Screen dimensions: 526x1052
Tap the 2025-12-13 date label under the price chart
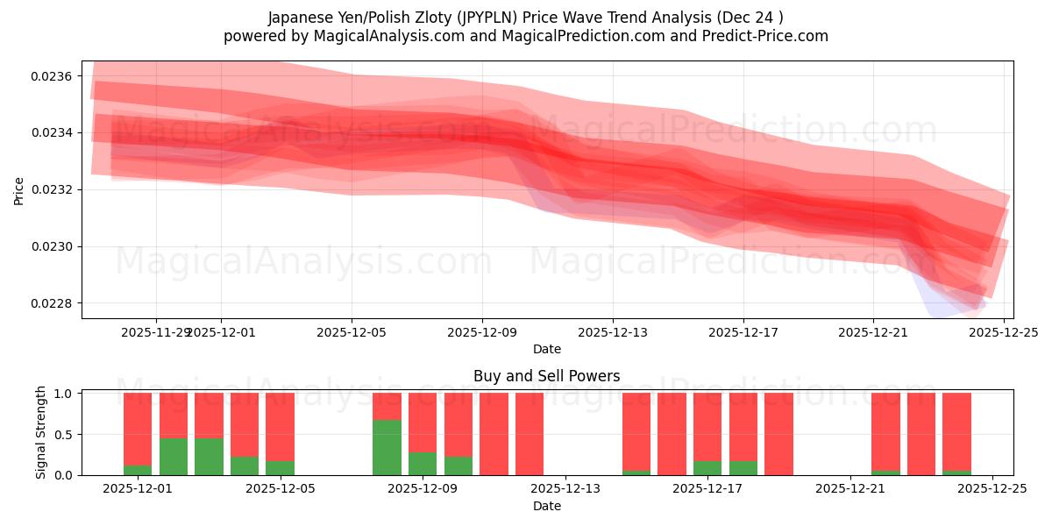612,332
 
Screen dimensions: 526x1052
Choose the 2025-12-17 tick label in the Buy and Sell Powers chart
707,489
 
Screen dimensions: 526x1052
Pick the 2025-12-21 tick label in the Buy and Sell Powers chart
850,489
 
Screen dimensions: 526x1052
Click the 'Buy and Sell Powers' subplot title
546,376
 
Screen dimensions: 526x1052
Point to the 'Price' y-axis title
19,190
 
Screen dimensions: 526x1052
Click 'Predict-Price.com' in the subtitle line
766,36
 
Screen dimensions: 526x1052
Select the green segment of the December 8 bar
387,447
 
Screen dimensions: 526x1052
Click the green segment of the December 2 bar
174,456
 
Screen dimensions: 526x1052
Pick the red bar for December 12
530,434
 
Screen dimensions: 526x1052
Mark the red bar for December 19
778,434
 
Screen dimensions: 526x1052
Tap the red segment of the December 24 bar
956,430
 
